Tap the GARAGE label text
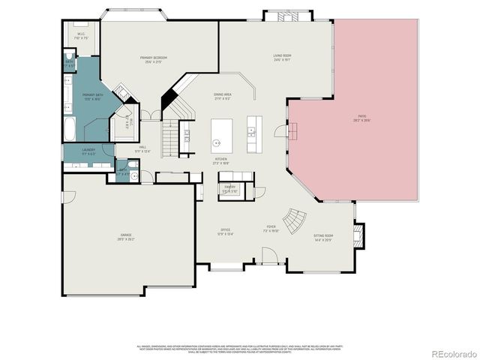click(x=124, y=238)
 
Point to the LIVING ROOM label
click(x=282, y=55)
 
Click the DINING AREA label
click(x=222, y=95)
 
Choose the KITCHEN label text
click(x=221, y=160)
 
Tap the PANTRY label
click(x=229, y=187)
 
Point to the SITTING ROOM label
click(x=323, y=235)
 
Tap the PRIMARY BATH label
click(x=91, y=96)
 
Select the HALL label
click(x=142, y=148)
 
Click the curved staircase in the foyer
click(x=298, y=220)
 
